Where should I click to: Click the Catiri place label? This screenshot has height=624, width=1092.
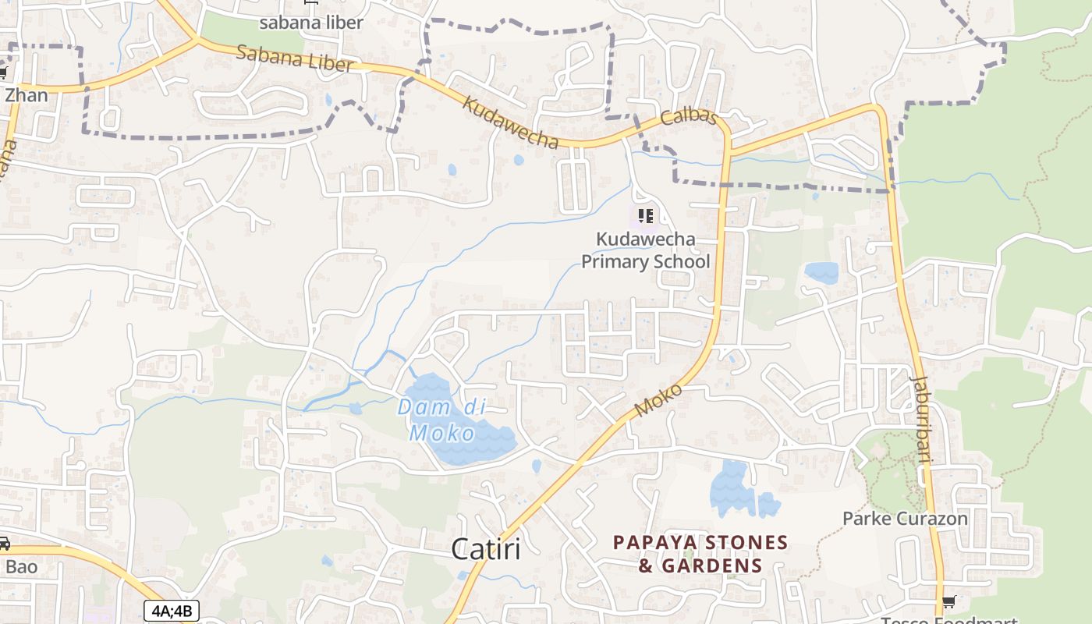486,549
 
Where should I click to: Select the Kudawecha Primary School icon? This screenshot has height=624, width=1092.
645,215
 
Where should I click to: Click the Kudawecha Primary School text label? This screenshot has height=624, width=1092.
646,250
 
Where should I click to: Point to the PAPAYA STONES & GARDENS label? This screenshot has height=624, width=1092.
700,554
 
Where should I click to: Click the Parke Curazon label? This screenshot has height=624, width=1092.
905,519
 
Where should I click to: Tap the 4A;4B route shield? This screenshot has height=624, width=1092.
171,611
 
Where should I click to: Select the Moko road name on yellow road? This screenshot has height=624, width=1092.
659,399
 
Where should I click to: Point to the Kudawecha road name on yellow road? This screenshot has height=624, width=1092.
511,122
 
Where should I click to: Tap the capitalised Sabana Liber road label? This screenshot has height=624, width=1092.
294,58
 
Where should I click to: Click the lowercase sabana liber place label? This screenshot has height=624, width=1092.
311,23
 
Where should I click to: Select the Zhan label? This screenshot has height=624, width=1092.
26,96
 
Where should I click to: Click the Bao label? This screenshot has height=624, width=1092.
21,566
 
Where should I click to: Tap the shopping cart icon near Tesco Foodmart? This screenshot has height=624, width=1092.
948,601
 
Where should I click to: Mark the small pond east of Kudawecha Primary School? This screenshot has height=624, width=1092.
821,272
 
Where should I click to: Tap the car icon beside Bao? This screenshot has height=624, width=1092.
4,544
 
